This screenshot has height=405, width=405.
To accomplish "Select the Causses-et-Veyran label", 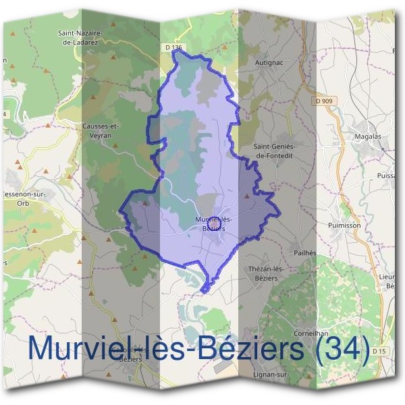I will (x=101, y=129).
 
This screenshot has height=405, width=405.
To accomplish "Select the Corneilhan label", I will (x=311, y=333).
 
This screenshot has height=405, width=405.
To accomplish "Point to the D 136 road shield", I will (x=174, y=47).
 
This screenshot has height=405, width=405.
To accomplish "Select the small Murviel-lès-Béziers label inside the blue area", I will (x=213, y=224).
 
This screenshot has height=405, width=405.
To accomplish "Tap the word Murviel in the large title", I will (x=88, y=348).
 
